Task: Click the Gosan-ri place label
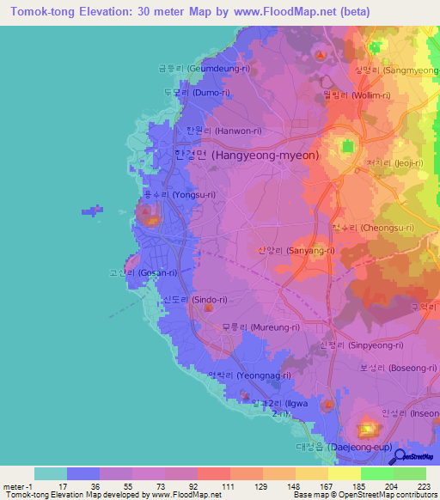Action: [143, 272]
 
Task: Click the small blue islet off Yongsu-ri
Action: [91, 209]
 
